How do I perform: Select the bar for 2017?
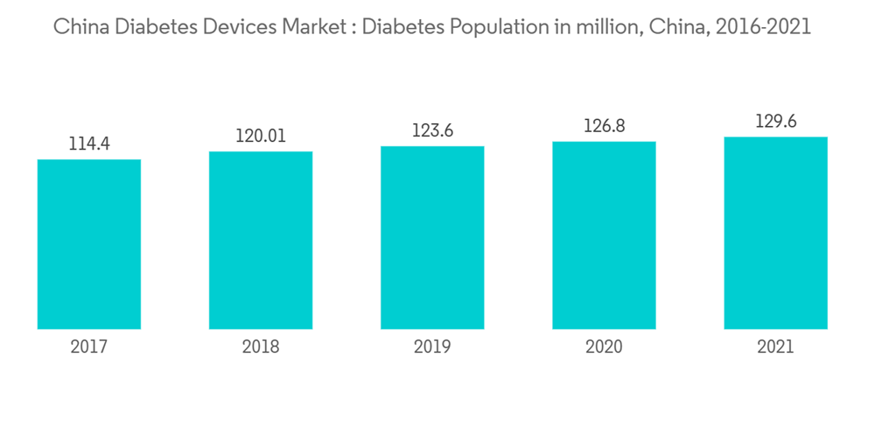pyautogui.click(x=89, y=244)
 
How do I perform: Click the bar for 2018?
pyautogui.click(x=261, y=241)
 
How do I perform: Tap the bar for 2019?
pyautogui.click(x=432, y=237)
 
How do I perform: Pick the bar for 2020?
pyautogui.click(x=604, y=235)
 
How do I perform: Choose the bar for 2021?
pyautogui.click(x=775, y=233)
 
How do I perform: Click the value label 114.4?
pyautogui.click(x=89, y=143)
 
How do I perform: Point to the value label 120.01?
pyautogui.click(x=261, y=136)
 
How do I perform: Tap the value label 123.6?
pyautogui.click(x=432, y=130)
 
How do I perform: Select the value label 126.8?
pyautogui.click(x=604, y=126)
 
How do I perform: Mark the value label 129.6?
pyautogui.click(x=775, y=122)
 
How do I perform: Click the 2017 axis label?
pyautogui.click(x=89, y=347)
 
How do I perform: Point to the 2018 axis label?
pyautogui.click(x=261, y=347)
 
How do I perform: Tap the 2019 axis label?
pyautogui.click(x=432, y=347)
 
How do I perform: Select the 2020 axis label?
pyautogui.click(x=604, y=347)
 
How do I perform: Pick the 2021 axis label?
pyautogui.click(x=775, y=347)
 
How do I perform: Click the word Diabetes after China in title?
pyautogui.click(x=152, y=27)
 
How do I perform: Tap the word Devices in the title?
pyautogui.click(x=238, y=27)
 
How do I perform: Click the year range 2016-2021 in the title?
pyautogui.click(x=763, y=27)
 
